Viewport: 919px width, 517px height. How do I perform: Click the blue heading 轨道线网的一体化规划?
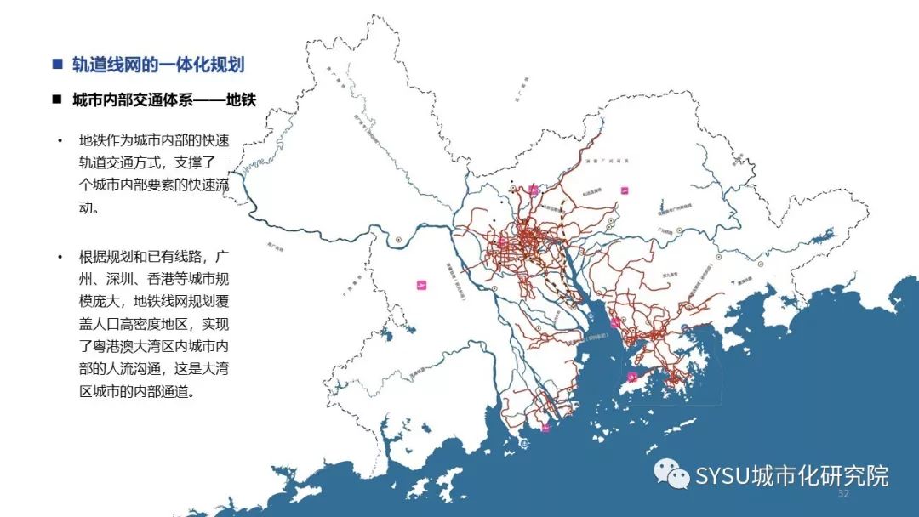158,65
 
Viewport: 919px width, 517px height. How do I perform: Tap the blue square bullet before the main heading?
57,65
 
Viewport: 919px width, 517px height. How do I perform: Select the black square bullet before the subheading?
57,99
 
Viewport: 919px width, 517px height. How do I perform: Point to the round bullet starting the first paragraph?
60,140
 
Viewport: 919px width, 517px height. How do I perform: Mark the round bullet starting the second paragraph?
60,256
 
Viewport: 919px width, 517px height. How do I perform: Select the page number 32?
844,494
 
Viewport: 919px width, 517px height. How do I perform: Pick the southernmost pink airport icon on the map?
545,428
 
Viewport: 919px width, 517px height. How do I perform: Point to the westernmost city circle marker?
398,240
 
